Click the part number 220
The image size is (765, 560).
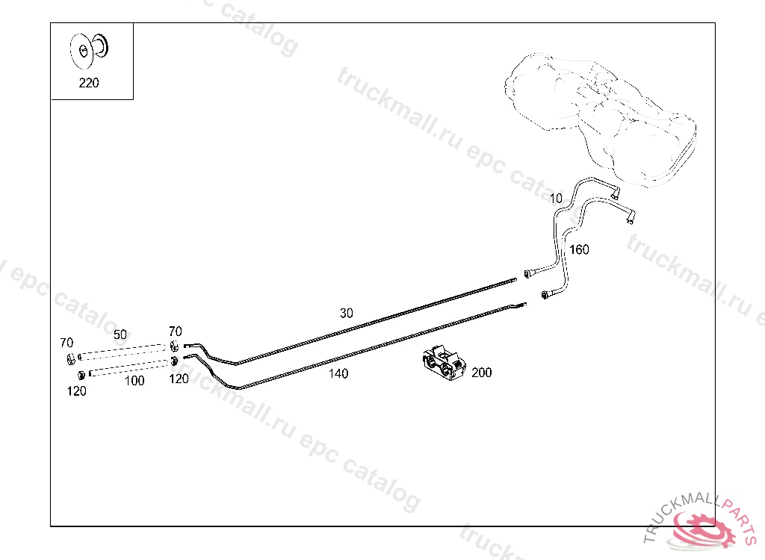pos(88,83)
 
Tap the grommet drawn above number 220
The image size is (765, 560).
pos(89,48)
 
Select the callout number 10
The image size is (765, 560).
pos(556,199)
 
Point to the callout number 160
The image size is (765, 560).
pos(579,249)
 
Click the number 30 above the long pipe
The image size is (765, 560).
pos(346,314)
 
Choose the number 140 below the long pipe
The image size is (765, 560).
pos(338,374)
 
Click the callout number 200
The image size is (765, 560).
pos(482,373)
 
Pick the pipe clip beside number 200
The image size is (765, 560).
pos(442,364)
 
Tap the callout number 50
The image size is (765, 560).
pos(120,335)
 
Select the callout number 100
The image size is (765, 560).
pos(134,381)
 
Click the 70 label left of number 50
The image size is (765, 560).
pos(66,343)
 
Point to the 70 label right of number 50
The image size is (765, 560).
pos(175,331)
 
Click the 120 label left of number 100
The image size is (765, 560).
pos(76,391)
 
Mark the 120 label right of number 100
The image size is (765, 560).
pos(179,379)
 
